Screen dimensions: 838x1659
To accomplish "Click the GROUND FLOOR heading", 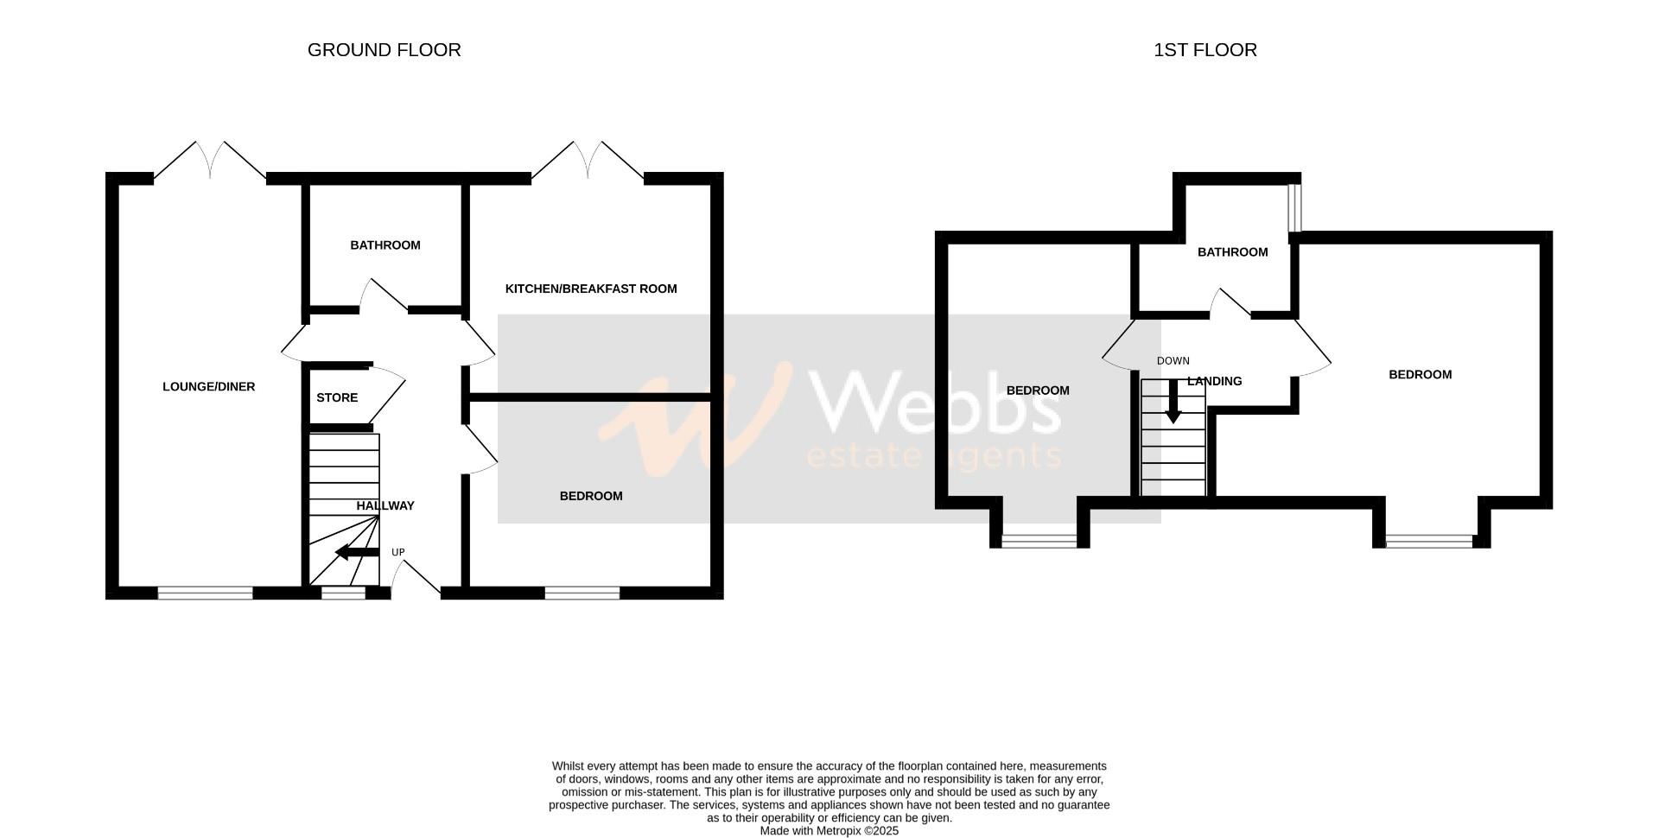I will [x=384, y=50].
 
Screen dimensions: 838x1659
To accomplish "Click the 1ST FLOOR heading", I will [x=1205, y=50].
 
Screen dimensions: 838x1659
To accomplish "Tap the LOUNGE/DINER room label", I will [x=208, y=387].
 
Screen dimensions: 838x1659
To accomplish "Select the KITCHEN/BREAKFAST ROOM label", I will [x=591, y=289].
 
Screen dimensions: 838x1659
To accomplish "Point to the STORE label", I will [x=337, y=398].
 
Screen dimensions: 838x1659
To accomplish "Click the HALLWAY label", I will [x=385, y=506].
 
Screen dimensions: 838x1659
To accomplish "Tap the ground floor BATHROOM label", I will [x=385, y=245].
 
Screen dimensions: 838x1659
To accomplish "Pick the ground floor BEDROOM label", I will [x=591, y=496].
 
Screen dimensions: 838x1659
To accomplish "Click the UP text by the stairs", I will [x=398, y=552].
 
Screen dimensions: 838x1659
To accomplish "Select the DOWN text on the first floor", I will [x=1173, y=361].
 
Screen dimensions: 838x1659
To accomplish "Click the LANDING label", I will [x=1215, y=381].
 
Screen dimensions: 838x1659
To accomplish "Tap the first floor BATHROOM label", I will [x=1232, y=252].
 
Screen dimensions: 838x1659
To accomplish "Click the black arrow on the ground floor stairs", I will [x=356, y=553].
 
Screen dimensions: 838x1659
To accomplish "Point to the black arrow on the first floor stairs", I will [x=1173, y=403].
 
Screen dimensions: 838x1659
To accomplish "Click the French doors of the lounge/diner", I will [x=210, y=162].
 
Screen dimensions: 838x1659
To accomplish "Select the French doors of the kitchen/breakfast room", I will [x=588, y=162].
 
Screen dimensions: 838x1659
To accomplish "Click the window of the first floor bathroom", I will [x=1294, y=207].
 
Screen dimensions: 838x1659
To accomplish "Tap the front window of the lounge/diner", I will [x=205, y=593].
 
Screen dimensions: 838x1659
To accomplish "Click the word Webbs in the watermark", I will [x=938, y=403].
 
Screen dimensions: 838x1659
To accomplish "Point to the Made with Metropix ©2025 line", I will [x=829, y=831].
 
